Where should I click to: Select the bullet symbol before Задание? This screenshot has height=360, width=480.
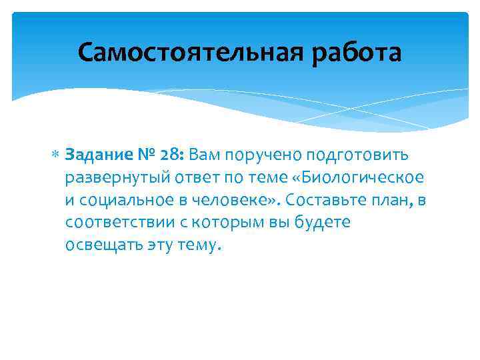tap(56, 155)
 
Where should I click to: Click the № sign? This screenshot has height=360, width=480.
tap(147, 155)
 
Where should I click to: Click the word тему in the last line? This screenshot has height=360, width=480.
tap(197, 245)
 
